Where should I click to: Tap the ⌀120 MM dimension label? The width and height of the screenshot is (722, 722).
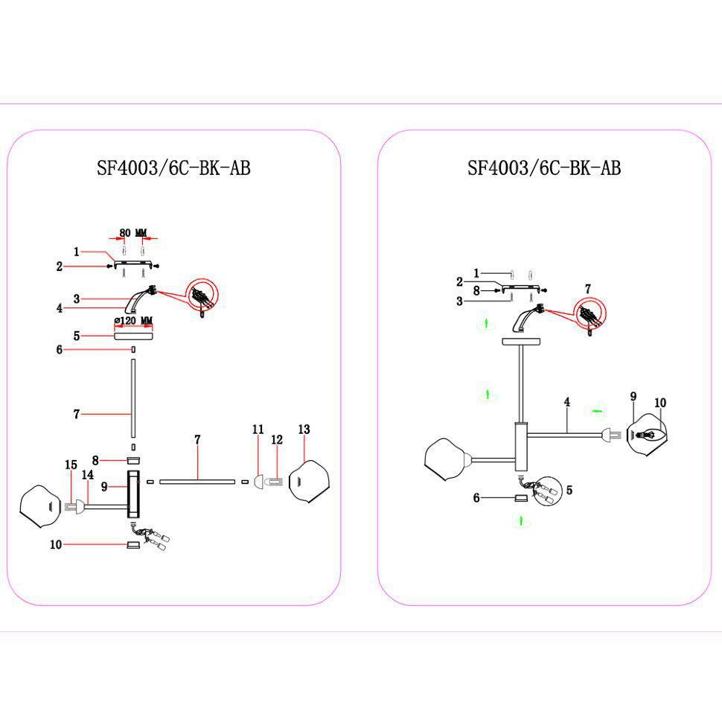[x=133, y=321]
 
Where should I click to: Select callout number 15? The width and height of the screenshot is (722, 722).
[x=71, y=464]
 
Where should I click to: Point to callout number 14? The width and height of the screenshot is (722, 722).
[x=88, y=474]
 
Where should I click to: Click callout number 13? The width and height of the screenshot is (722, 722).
[x=304, y=429]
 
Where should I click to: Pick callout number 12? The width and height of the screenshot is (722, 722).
[x=277, y=440]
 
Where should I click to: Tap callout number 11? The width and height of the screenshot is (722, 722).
[x=258, y=429]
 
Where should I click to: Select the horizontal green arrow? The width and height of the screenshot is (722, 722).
[x=597, y=410]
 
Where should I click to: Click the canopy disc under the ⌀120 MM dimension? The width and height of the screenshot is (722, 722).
[x=133, y=336]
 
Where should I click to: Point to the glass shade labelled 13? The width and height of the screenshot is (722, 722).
[x=309, y=481]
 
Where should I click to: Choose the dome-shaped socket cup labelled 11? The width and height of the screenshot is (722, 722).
[x=259, y=482]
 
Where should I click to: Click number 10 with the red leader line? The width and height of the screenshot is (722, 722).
[x=56, y=544]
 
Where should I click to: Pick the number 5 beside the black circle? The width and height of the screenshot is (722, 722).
[x=569, y=490]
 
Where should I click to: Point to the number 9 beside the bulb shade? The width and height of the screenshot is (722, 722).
[x=633, y=397]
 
